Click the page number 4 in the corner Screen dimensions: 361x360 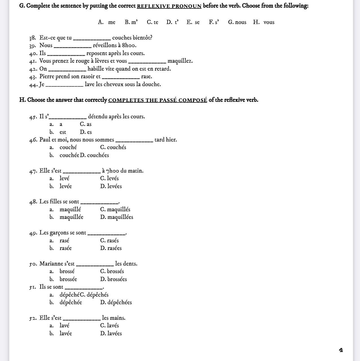point(341,350)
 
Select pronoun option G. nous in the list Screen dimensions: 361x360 point(237,22)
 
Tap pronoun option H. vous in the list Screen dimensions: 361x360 point(264,22)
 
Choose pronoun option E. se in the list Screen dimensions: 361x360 point(193,22)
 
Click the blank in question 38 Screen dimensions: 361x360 point(92,38)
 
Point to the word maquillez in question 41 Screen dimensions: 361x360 point(180,61)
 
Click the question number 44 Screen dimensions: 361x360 point(33,84)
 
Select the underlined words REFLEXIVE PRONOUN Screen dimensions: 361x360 point(169,6)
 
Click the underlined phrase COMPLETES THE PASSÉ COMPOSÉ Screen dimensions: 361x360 point(157,100)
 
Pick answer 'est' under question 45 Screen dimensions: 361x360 point(63,132)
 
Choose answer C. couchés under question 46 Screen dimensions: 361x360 point(113,147)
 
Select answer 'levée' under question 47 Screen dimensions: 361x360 point(65,186)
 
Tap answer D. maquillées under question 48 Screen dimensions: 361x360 point(117,217)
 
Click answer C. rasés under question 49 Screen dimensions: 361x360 point(109,241)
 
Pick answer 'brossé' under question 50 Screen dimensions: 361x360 point(67,271)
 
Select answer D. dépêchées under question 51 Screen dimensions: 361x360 point(116,303)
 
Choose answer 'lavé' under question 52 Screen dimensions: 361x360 point(64,326)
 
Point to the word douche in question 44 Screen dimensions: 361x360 point(152,84)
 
